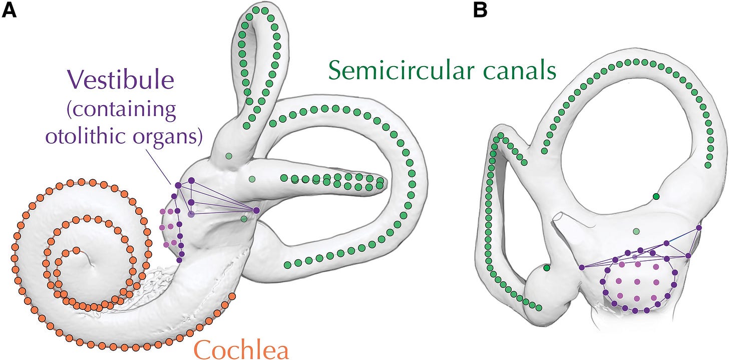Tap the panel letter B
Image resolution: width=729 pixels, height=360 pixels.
480,10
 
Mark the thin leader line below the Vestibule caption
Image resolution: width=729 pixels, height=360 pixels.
165,166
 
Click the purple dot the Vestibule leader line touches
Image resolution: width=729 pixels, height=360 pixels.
178,186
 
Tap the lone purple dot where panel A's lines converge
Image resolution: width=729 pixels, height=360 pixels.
256,210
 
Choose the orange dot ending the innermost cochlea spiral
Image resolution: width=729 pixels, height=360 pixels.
77,250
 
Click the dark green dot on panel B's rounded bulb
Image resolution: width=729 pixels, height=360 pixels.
547,269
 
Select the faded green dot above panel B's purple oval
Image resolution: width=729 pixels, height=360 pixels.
636,231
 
